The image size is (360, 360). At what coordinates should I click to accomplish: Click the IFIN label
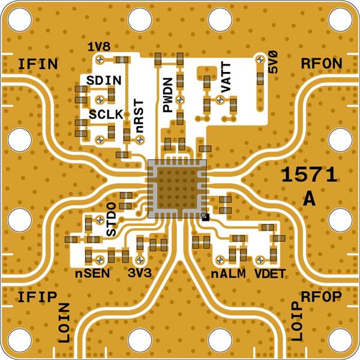(37, 64)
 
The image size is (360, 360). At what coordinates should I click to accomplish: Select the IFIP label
(37, 297)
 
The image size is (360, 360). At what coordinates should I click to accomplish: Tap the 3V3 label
(140, 274)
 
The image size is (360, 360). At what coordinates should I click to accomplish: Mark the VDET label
(269, 274)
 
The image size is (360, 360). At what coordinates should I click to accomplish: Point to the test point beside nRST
(140, 139)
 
